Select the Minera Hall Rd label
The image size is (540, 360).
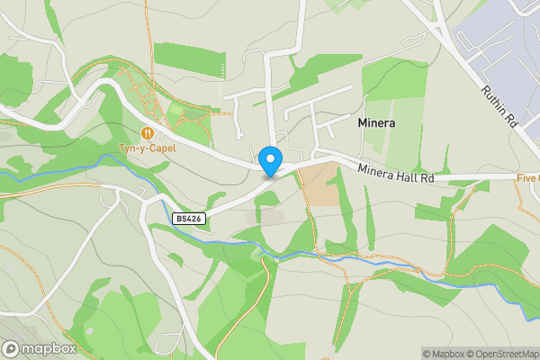396,174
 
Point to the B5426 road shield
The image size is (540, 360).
187,219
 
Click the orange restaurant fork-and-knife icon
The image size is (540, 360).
147,133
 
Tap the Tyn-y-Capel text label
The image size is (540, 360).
147,148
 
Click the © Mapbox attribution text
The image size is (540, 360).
443,354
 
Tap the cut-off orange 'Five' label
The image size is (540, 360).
527,177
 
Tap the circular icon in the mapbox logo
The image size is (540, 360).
12,348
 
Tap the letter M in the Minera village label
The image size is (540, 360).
362,121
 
